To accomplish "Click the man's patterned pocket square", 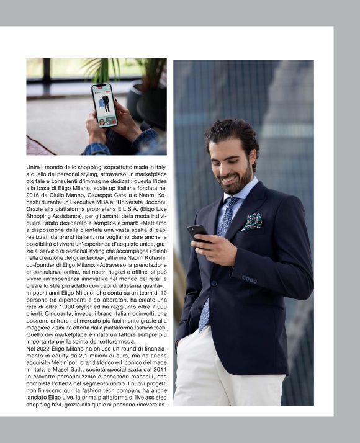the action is point(253,221).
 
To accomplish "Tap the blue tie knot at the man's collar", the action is point(230,202).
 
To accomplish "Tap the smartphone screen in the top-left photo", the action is point(104,104).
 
